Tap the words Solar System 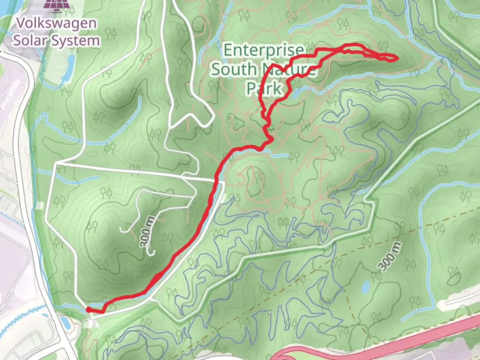coord(56,41)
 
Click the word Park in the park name coord(264,88)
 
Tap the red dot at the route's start coord(89,310)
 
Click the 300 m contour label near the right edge coord(390,256)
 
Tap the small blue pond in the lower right coord(366,286)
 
